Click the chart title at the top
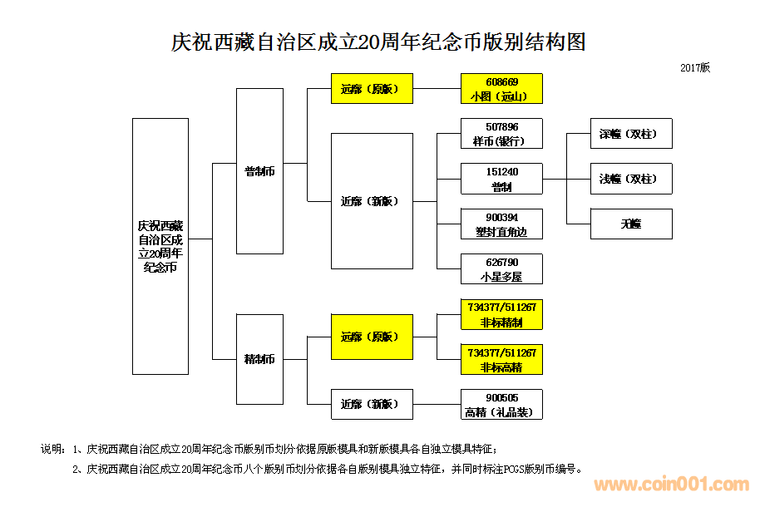click(x=379, y=42)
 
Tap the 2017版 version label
click(x=695, y=67)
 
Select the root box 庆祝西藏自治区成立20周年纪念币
click(x=160, y=246)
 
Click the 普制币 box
click(x=259, y=171)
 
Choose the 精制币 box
click(x=259, y=359)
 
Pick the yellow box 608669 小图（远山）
click(x=501, y=88)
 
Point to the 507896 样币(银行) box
click(x=501, y=134)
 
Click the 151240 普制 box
click(x=501, y=179)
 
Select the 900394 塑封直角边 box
click(x=501, y=224)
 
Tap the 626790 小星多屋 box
click(x=501, y=268)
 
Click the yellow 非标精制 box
click(x=501, y=314)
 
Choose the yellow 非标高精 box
click(x=501, y=359)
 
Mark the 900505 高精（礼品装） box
click(x=501, y=404)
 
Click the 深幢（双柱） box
click(x=631, y=134)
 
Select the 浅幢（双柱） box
click(x=631, y=179)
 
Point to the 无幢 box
click(x=631, y=224)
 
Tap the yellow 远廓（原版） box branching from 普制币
click(x=372, y=88)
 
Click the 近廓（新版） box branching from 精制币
click(x=372, y=404)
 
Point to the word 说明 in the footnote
click(x=52, y=450)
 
